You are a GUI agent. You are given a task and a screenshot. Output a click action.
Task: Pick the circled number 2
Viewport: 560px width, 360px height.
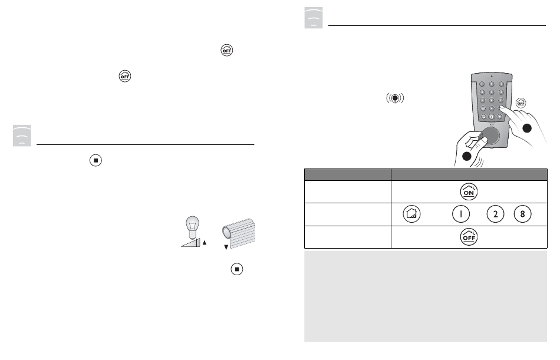[x=495, y=214]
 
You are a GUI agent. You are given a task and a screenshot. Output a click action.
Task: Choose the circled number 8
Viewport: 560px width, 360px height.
[x=522, y=214]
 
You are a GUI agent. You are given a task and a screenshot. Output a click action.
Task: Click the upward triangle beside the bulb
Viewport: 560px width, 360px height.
[x=204, y=242]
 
